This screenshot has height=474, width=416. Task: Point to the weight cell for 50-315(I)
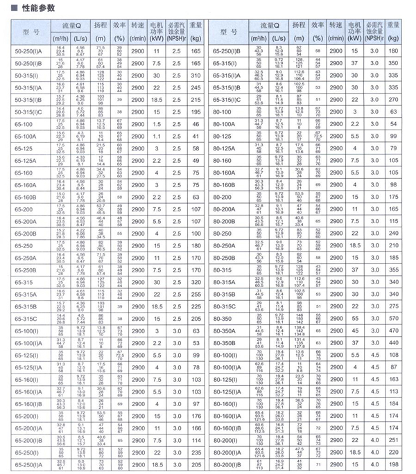(195, 76)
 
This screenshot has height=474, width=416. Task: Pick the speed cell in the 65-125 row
(137, 149)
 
